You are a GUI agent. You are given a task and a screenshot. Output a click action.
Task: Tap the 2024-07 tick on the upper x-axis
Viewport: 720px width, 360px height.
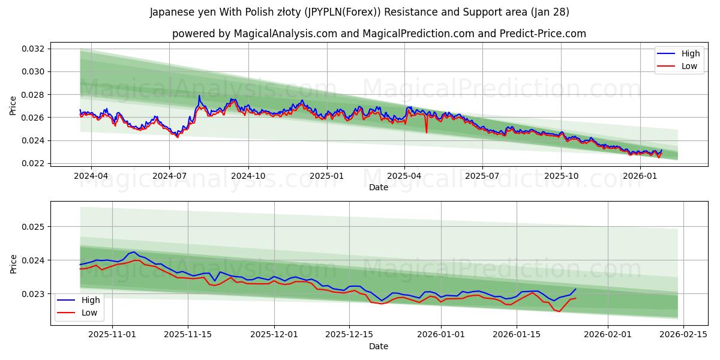[169, 176]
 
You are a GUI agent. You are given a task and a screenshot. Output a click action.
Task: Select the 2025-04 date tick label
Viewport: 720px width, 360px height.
[404, 176]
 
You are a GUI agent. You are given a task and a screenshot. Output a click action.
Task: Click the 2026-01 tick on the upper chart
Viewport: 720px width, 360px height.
[640, 176]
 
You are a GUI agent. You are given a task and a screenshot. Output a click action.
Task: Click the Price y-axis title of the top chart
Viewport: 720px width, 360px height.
[13, 106]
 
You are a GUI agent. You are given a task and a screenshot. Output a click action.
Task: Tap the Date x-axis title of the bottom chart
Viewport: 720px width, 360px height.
[378, 346]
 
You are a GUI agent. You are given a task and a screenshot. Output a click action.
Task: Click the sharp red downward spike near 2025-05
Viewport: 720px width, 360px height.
[427, 132]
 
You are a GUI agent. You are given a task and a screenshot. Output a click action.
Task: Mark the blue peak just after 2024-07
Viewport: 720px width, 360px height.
[199, 96]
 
